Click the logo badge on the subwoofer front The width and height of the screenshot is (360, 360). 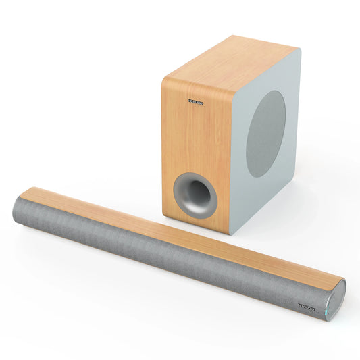click(x=195, y=102)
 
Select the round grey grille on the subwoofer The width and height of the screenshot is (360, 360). click(x=265, y=134)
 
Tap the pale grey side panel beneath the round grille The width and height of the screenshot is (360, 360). click(x=263, y=196)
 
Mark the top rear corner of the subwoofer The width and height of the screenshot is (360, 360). click(x=298, y=48)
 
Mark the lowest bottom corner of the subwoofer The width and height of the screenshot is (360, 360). click(x=230, y=234)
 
